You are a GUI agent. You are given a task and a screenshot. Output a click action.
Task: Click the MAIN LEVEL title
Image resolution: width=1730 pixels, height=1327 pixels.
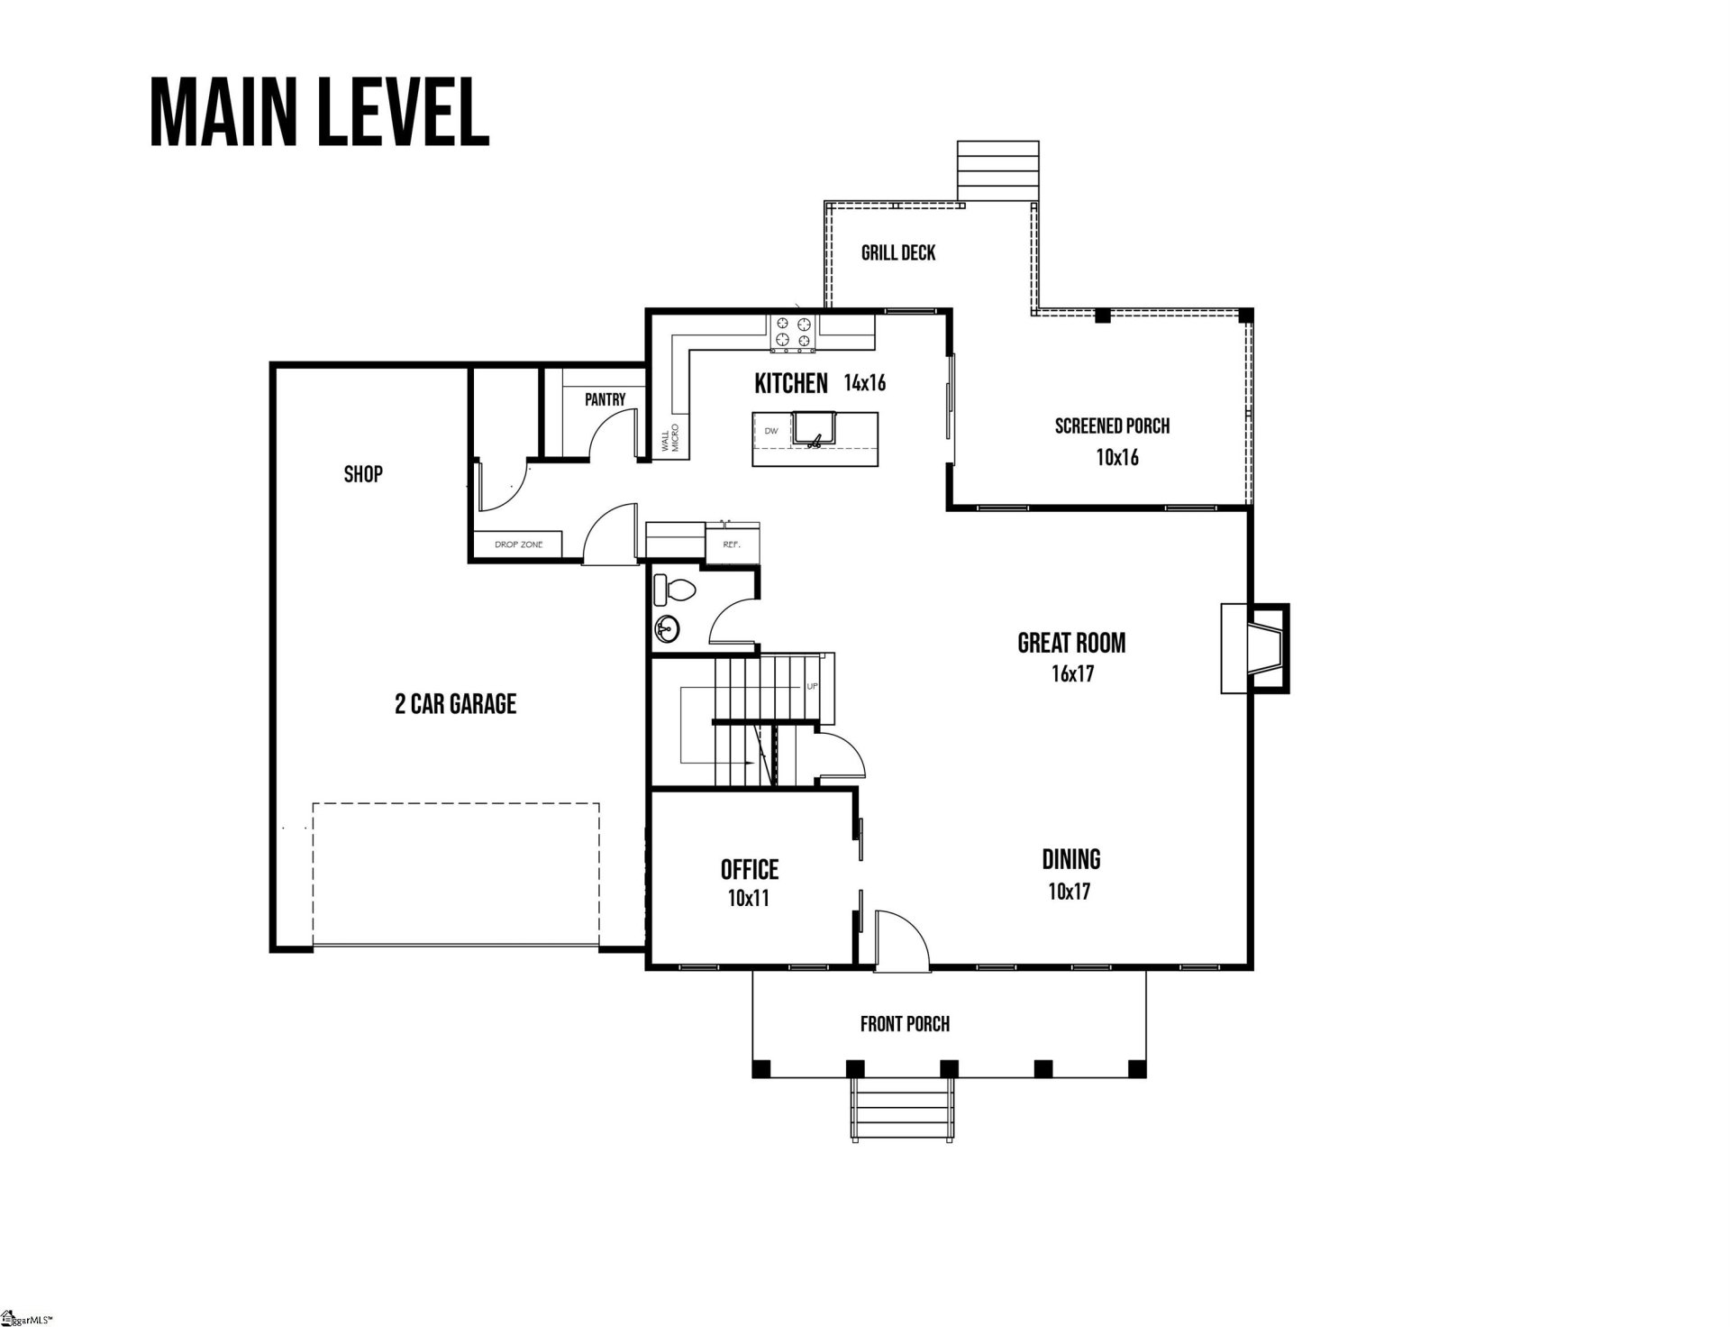pos(319,112)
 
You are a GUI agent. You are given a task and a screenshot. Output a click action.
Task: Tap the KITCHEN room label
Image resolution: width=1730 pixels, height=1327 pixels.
pos(790,383)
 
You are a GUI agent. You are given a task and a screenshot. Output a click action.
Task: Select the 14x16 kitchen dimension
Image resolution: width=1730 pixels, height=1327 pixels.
pos(864,383)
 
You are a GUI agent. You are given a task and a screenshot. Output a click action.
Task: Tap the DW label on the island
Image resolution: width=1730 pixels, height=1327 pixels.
pos(771,431)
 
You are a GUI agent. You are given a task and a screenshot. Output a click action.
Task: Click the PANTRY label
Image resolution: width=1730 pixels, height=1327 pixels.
pos(605,399)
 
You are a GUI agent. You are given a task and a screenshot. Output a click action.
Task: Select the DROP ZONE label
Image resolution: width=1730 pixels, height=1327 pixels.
pos(518,545)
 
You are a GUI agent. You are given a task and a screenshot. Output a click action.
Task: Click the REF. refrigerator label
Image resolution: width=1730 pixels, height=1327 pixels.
pos(731,545)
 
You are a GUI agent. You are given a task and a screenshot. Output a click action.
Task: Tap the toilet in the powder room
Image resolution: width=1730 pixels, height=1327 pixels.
pos(674,590)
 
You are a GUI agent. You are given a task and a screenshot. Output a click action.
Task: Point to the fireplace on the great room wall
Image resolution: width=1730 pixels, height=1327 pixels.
pos(1255,648)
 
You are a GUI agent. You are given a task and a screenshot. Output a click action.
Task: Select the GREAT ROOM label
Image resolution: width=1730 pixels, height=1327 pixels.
pos(1071,643)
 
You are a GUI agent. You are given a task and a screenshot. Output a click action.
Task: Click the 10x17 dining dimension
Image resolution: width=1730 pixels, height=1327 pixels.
pos(1070,892)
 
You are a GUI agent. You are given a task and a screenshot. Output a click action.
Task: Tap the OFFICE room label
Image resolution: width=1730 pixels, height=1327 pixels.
pos(749,869)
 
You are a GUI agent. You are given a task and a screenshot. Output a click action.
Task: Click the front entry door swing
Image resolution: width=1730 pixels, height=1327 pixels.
pos(901,940)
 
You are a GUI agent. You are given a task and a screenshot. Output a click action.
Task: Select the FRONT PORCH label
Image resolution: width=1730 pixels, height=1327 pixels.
pos(905,1023)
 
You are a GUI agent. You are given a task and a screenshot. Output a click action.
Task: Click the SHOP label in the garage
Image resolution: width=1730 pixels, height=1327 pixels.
pos(363,473)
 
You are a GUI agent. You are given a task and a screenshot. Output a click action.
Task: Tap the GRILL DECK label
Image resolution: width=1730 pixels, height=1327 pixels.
pos(898,252)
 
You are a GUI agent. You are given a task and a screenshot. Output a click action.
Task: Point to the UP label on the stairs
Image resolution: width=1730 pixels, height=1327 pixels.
pos(812,686)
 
